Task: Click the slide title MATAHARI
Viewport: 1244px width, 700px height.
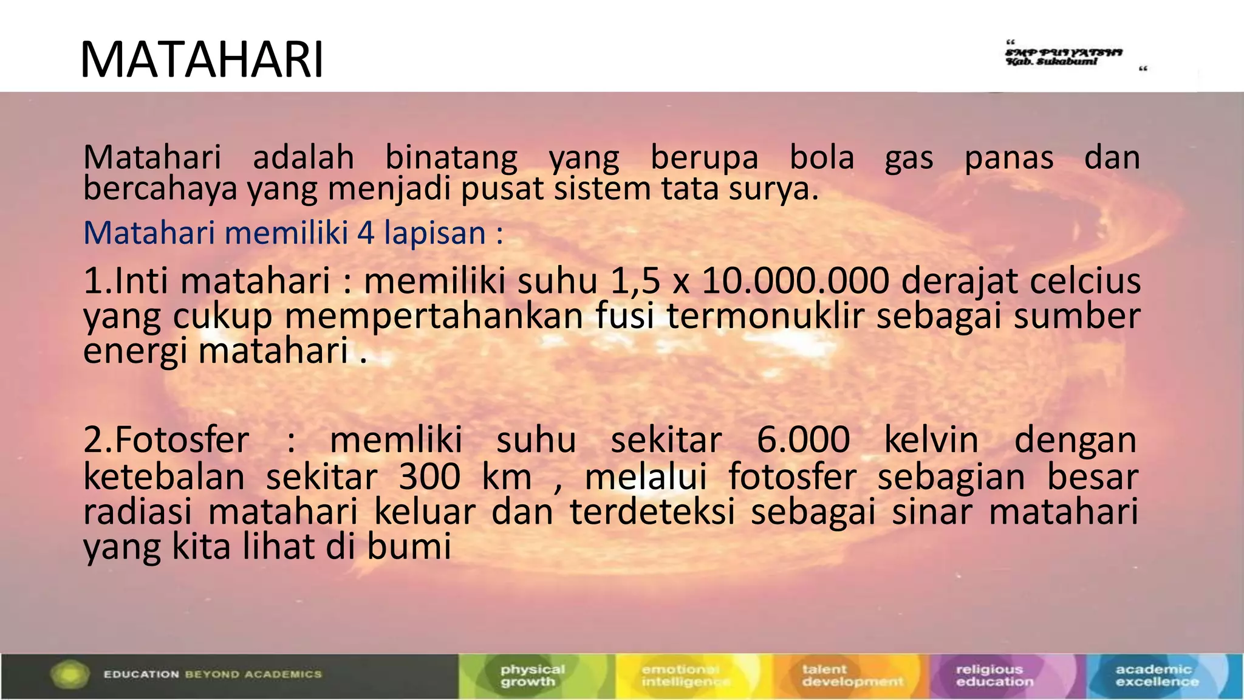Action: (x=202, y=60)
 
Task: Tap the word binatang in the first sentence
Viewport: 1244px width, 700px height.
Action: (x=451, y=157)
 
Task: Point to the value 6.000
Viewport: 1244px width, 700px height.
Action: (x=803, y=440)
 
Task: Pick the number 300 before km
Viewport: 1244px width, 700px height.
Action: (x=429, y=477)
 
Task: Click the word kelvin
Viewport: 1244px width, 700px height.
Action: (x=931, y=440)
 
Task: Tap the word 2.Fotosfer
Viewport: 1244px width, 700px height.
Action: (x=166, y=440)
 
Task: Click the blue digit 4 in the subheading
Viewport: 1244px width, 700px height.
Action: (x=366, y=233)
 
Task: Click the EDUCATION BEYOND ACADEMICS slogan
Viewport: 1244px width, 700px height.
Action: (x=213, y=674)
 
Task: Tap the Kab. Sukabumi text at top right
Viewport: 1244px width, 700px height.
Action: (x=1051, y=61)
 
